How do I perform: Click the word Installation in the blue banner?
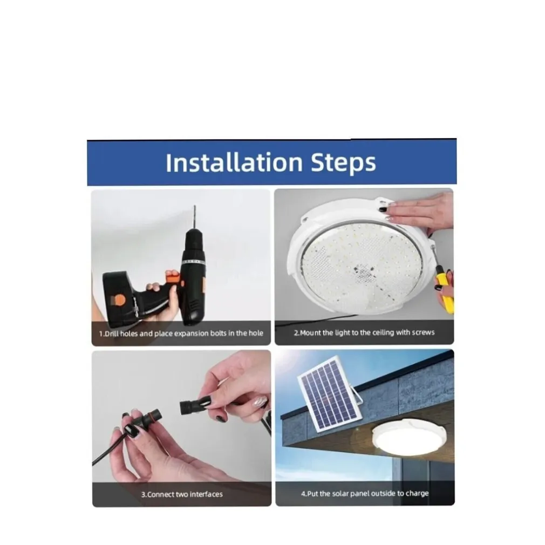point(234,162)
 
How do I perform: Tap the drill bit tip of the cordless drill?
point(195,206)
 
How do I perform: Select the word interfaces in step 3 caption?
point(205,494)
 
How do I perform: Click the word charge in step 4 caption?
point(417,494)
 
